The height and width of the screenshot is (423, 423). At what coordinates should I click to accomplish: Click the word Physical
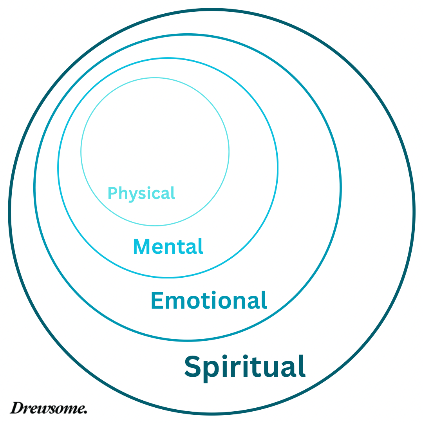click(141, 193)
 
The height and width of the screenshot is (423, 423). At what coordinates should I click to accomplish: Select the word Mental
click(168, 247)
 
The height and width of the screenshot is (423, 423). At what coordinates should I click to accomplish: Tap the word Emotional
click(209, 301)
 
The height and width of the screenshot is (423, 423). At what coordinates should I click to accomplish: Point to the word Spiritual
click(245, 367)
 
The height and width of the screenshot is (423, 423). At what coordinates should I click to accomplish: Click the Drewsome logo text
click(49, 408)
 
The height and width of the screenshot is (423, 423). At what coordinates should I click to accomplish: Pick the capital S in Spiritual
click(193, 366)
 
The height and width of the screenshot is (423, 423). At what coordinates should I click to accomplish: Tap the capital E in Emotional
click(157, 301)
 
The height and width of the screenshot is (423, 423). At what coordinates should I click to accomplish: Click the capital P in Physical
click(112, 193)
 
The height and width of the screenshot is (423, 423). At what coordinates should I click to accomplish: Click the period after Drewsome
click(85, 412)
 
